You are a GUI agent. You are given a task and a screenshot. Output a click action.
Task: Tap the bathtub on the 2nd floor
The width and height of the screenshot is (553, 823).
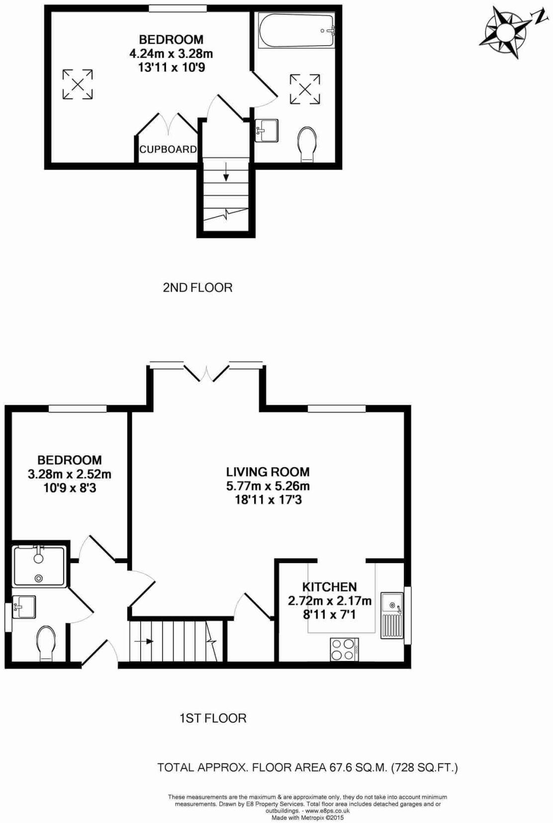pyautogui.click(x=296, y=31)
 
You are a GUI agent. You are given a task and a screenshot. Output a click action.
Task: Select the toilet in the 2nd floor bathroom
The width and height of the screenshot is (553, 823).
pyautogui.click(x=308, y=144)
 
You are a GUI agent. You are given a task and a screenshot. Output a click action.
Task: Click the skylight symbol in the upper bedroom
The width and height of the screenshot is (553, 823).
pyautogui.click(x=78, y=84)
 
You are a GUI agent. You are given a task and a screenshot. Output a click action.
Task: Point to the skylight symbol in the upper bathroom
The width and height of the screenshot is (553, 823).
pyautogui.click(x=305, y=89)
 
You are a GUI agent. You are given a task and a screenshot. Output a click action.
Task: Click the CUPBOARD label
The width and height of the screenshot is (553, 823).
pyautogui.click(x=168, y=149)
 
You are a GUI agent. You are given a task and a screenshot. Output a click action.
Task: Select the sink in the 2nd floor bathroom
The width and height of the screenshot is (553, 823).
pyautogui.click(x=267, y=131)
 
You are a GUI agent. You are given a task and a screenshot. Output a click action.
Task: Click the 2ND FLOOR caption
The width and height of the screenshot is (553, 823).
pyautogui.click(x=197, y=288)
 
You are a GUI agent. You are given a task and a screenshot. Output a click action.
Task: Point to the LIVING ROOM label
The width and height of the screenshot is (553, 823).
pyautogui.click(x=268, y=472)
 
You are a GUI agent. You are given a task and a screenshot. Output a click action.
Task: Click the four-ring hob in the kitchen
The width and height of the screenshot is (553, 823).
pyautogui.click(x=344, y=650)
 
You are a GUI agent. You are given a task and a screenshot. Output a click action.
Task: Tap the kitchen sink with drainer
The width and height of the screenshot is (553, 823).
pyautogui.click(x=392, y=615)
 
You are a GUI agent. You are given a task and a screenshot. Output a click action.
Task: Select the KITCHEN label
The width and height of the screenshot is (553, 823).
pyautogui.click(x=329, y=587)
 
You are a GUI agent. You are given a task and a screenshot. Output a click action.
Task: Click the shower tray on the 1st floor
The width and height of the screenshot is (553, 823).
pyautogui.click(x=39, y=566)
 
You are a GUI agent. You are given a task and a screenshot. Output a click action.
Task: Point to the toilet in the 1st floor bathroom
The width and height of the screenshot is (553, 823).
pyautogui.click(x=46, y=643)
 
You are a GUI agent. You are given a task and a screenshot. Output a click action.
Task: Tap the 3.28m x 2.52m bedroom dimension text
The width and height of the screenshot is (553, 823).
pyautogui.click(x=70, y=474)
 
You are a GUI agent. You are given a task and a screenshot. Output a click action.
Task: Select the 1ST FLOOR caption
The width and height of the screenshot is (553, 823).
pyautogui.click(x=213, y=718)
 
